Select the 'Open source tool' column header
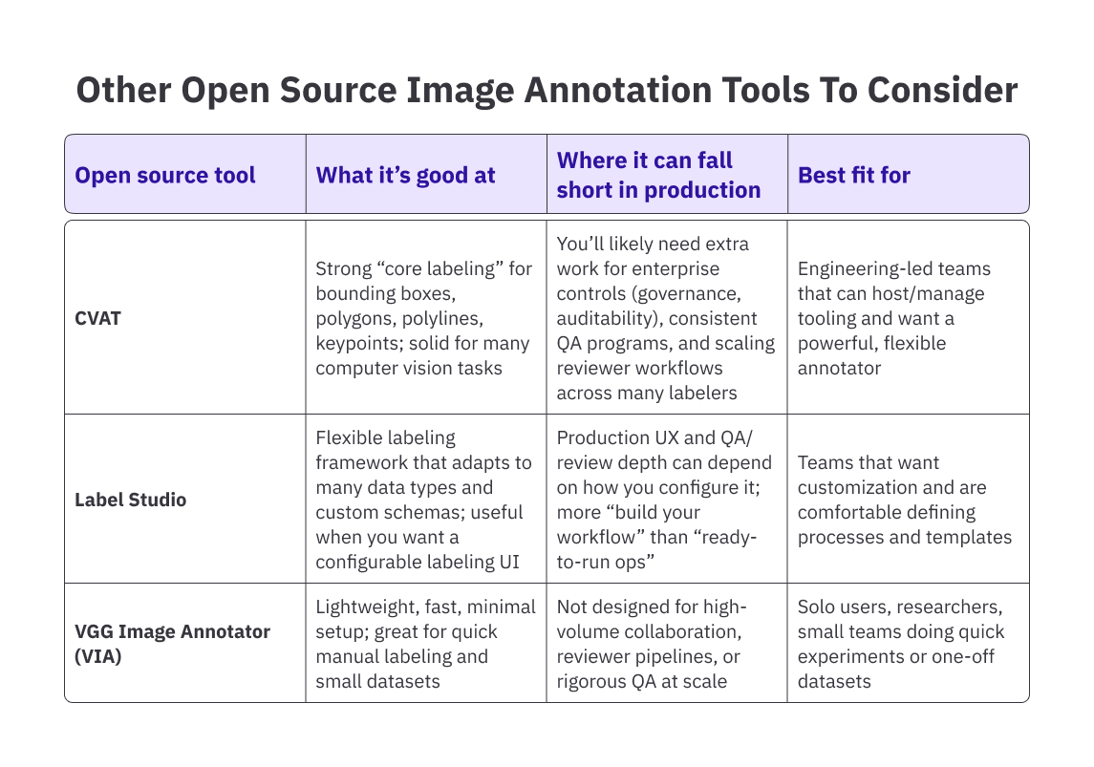(165, 175)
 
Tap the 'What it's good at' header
(405, 175)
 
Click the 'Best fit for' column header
(854, 175)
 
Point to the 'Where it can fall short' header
(658, 175)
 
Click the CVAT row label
(98, 317)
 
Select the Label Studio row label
(131, 500)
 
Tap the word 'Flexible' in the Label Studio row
(350, 437)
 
